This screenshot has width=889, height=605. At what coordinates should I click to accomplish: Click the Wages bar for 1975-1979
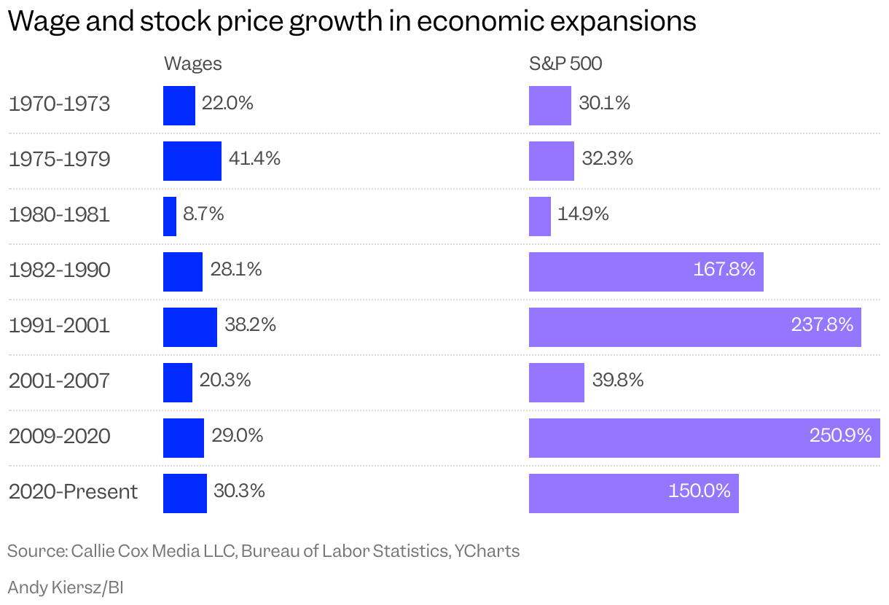[x=192, y=161]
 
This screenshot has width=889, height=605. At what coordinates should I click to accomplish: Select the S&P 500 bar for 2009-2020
[x=704, y=438]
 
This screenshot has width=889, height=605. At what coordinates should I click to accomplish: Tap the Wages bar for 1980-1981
[x=170, y=216]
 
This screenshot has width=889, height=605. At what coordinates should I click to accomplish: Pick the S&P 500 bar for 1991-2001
[x=694, y=327]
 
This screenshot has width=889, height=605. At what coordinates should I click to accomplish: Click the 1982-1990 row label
[x=60, y=270]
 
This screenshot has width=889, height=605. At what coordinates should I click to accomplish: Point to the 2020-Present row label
[x=73, y=492]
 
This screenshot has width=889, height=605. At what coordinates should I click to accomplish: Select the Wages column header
[x=192, y=64]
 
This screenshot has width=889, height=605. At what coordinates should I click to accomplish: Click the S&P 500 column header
[x=565, y=64]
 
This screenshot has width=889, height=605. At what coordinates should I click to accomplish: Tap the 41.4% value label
[x=254, y=159]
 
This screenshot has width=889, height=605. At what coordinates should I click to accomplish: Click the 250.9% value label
[x=840, y=436]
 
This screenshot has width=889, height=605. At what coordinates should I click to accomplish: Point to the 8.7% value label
[x=203, y=214]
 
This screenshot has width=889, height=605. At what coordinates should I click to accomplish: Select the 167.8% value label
[x=724, y=270]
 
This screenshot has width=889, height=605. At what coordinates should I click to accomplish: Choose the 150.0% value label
[x=699, y=491]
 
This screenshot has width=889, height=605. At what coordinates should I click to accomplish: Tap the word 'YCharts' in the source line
[x=487, y=551]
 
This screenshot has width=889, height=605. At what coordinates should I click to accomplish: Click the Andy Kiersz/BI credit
[x=65, y=587]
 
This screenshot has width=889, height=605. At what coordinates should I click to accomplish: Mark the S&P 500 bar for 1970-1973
[x=549, y=106]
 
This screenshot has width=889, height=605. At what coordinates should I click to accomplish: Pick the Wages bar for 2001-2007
[x=177, y=383]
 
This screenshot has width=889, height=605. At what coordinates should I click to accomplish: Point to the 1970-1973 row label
[x=60, y=104]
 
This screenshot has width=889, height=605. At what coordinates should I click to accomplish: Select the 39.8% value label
[x=617, y=380]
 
